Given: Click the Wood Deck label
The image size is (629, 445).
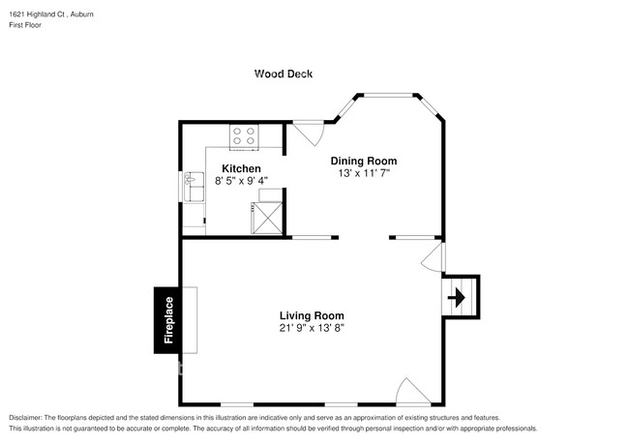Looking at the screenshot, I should [x=284, y=74].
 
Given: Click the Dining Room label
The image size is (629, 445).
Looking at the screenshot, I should [x=364, y=161].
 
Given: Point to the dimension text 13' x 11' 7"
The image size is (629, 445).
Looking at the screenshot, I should [x=364, y=173].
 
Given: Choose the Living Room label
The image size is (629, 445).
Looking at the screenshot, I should [x=312, y=315].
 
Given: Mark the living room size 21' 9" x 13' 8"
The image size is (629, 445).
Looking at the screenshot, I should [x=312, y=328].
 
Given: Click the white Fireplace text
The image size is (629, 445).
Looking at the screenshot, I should [x=168, y=320].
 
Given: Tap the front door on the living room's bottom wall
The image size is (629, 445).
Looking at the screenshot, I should [x=412, y=392].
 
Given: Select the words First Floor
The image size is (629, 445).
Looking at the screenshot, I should [x=27, y=25].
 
